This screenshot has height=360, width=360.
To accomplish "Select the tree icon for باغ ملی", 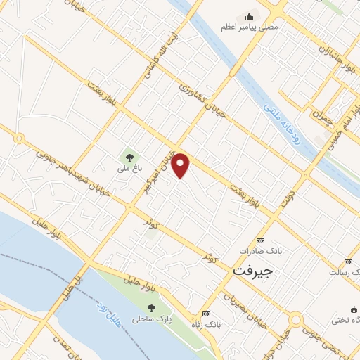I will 129,156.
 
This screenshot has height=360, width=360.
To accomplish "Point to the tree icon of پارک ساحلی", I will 152,307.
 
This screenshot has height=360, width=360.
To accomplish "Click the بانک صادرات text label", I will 255,250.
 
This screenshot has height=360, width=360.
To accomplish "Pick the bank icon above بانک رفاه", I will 206,314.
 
